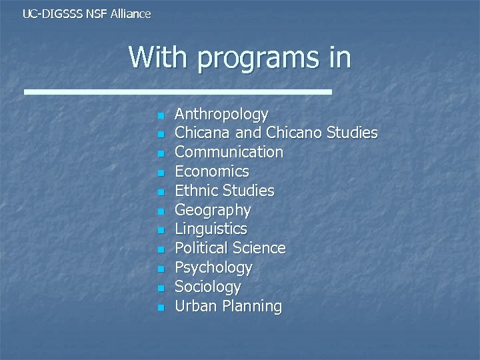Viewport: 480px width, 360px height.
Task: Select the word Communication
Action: pyautogui.click(x=229, y=153)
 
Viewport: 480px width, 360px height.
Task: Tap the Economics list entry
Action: pyautogui.click(x=211, y=172)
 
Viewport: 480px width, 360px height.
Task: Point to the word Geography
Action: pyautogui.click(x=213, y=211)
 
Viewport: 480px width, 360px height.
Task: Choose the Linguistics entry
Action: pyautogui.click(x=211, y=229)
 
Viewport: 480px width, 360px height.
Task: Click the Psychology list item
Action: pyautogui.click(x=213, y=268)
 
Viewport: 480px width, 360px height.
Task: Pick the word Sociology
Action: pyautogui.click(x=207, y=287)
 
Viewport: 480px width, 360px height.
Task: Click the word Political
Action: pyautogui.click(x=201, y=249)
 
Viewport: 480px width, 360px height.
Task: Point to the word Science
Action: pyautogui.click(x=259, y=249)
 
